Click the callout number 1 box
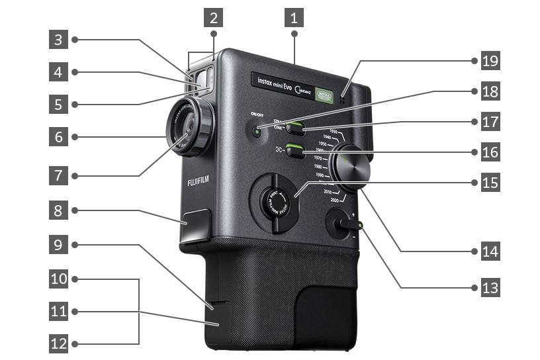[x=293, y=15]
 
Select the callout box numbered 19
[x=490, y=61]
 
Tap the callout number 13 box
[x=490, y=288]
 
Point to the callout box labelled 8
[x=59, y=211]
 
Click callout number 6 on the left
[x=59, y=137]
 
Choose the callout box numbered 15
[x=490, y=181]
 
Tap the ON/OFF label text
[x=257, y=113]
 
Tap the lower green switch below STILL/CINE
[x=295, y=151]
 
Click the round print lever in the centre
[x=273, y=202]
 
